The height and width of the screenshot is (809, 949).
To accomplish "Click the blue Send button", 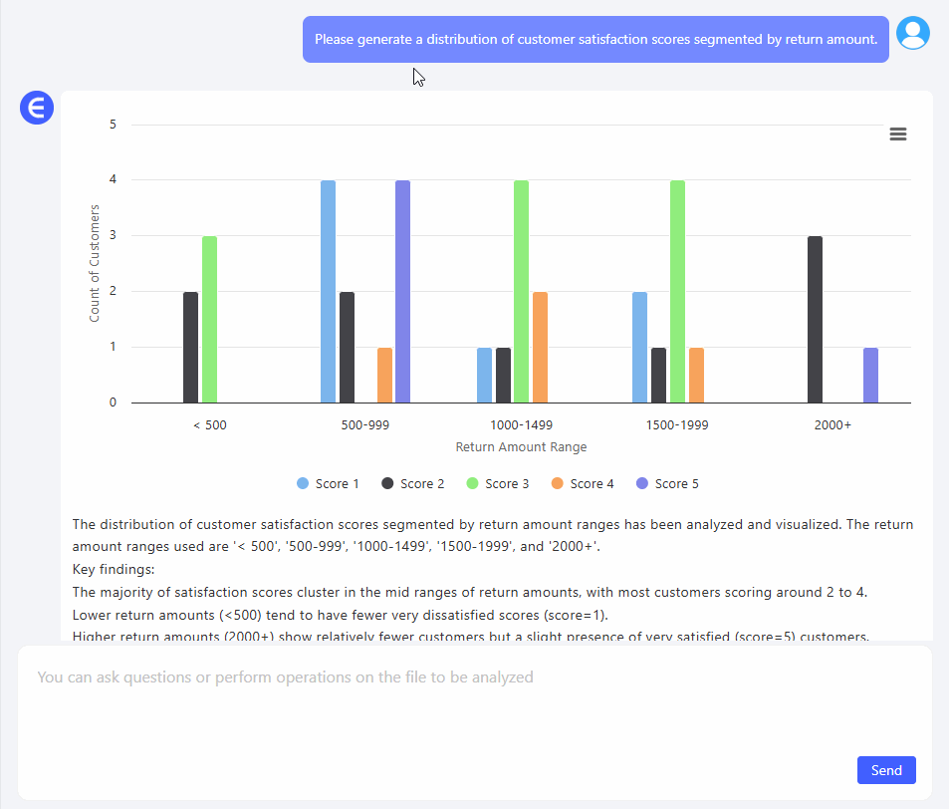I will [x=886, y=770].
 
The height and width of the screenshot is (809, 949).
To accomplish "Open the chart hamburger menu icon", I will [x=897, y=135].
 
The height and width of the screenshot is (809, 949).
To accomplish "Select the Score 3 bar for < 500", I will [x=209, y=319].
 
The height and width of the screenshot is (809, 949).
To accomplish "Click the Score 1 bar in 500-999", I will [x=328, y=291].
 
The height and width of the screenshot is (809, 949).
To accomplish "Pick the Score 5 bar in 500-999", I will [x=402, y=291].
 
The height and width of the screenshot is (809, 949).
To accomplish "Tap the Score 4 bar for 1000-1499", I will [x=540, y=347].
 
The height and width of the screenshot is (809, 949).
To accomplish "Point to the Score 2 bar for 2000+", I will [x=815, y=319].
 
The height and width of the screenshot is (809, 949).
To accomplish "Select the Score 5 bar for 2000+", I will [x=870, y=375].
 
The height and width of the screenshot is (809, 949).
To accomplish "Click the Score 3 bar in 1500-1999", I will [x=677, y=291].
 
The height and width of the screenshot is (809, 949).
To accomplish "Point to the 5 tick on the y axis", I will [x=114, y=125].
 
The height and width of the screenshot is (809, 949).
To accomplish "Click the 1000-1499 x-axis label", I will [x=521, y=425].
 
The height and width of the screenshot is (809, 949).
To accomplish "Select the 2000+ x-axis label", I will [x=832, y=425].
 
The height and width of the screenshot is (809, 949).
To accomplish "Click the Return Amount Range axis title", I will [x=521, y=447].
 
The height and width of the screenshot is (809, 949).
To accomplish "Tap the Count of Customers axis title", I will [x=95, y=263].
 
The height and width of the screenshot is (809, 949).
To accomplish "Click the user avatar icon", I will [x=912, y=33].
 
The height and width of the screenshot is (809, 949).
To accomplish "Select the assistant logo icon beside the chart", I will [x=36, y=108].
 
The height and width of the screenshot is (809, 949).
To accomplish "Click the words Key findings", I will [x=114, y=569].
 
